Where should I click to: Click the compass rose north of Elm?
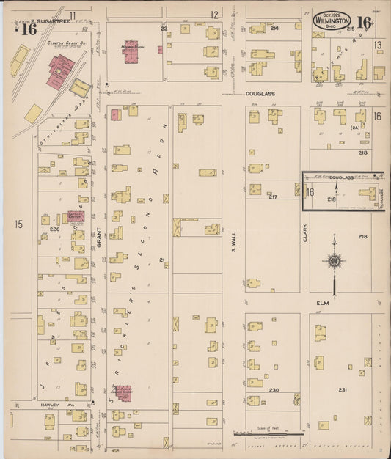pos(334,260)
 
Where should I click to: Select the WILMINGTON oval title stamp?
pos(332,20)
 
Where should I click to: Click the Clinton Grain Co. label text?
pos(62,43)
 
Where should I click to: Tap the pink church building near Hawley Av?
pos(123,394)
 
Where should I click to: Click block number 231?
pos(343,390)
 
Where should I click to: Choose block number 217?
pos(272,197)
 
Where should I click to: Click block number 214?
pos(274,27)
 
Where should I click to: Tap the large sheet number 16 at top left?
pos(28,29)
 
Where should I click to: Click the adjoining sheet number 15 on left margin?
pos(18,224)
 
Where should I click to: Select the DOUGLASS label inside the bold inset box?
pos(341,177)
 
